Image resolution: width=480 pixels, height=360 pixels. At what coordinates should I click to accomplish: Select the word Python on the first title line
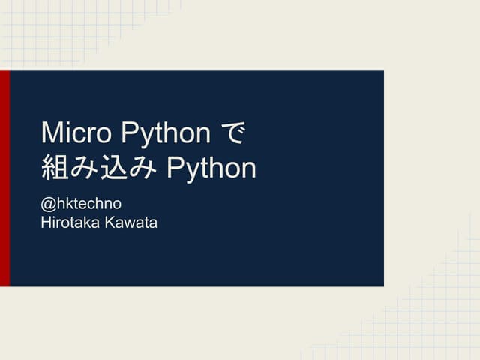coord(166,134)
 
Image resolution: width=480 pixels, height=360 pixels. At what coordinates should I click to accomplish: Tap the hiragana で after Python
coord(235,133)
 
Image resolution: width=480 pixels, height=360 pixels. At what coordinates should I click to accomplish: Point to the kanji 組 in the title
coord(54,168)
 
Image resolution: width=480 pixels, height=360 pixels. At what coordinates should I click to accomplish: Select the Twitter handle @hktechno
coord(81,204)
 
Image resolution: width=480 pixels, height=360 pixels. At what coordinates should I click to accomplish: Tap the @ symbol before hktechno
coord(48,204)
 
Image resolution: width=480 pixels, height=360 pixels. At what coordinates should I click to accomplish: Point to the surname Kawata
coord(131,222)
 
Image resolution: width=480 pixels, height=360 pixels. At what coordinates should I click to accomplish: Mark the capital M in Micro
coord(51,133)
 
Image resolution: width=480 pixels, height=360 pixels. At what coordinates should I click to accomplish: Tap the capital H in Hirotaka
coord(46,222)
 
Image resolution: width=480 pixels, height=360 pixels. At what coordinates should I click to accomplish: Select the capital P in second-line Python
coord(175,169)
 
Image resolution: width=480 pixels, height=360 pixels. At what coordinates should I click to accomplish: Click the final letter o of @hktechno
coord(116,205)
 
